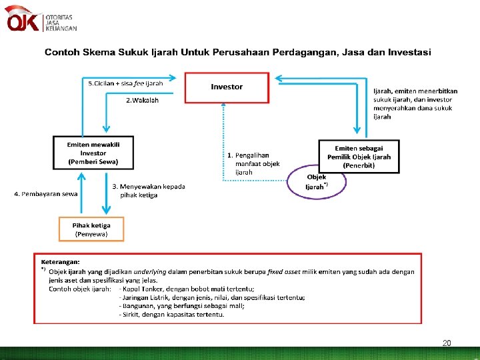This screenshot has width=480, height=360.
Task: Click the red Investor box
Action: point(227,87)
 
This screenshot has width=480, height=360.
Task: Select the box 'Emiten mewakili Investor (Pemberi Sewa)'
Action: point(93,153)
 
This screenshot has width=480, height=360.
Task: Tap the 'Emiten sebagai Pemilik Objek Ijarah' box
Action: point(359,156)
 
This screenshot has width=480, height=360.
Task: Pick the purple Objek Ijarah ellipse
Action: point(317,181)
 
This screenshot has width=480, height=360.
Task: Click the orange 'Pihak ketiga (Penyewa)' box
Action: point(92,229)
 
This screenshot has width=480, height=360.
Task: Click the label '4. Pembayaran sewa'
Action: point(46,194)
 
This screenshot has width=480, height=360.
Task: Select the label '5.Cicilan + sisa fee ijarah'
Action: point(125,83)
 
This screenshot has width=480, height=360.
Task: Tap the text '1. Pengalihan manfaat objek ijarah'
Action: point(253,163)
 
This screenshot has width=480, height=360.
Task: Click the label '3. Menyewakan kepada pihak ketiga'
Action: point(148,191)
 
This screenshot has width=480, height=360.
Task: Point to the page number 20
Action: point(447,343)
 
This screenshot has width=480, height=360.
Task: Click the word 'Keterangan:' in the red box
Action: point(61,262)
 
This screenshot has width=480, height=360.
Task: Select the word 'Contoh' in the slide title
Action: point(63,51)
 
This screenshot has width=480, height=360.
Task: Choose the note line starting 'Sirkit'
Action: point(172,314)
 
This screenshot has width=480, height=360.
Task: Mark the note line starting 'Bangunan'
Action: point(182,305)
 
